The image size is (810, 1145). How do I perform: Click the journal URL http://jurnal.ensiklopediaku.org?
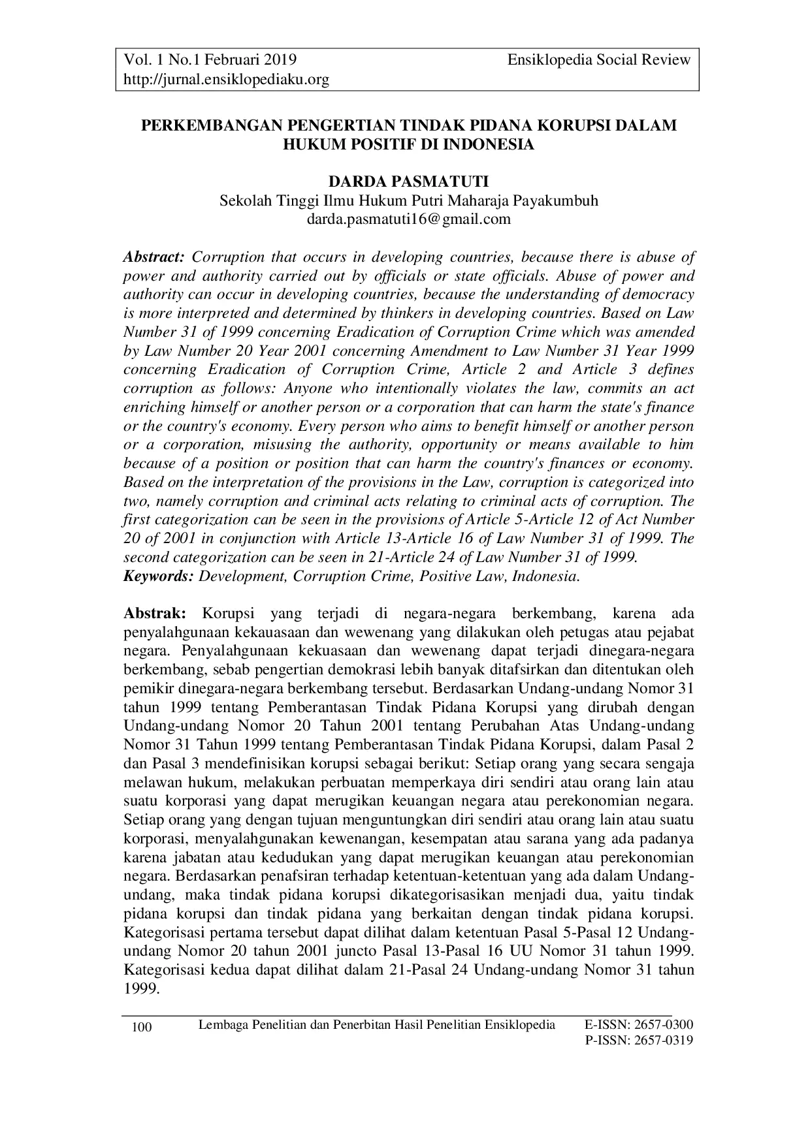click(x=226, y=80)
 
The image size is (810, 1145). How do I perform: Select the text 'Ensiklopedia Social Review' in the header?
click(x=598, y=60)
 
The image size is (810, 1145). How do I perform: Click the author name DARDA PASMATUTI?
click(x=408, y=182)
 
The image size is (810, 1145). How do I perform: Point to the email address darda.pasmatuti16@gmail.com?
click(x=408, y=219)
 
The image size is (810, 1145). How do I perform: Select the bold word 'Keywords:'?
click(x=159, y=576)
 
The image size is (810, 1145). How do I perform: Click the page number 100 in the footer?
click(x=142, y=1028)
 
